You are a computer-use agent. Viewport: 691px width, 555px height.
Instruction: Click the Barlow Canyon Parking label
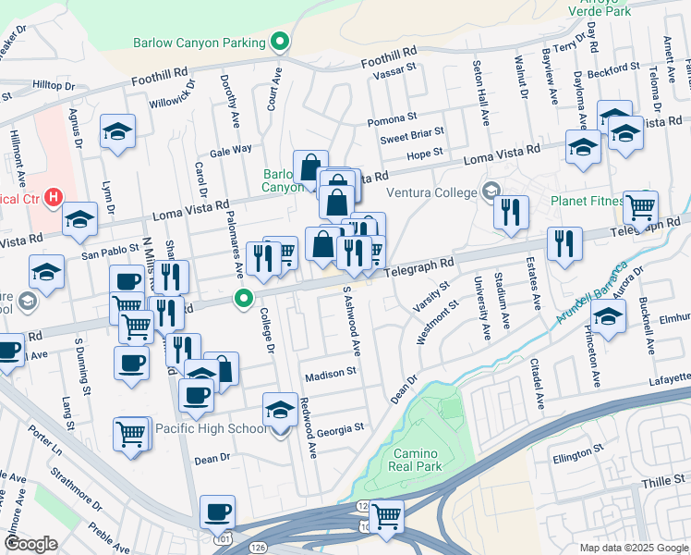[x=199, y=42]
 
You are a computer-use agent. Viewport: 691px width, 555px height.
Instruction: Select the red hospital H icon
[x=54, y=197]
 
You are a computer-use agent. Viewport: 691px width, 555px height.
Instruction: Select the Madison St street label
[x=331, y=372]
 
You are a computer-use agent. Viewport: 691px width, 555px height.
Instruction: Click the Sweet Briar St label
[x=412, y=138]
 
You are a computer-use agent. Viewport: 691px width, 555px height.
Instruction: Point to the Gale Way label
[x=230, y=150]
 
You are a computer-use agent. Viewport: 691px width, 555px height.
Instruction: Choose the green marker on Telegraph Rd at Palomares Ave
[x=244, y=298]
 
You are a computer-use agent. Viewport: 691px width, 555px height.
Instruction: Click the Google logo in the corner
[x=30, y=544]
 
